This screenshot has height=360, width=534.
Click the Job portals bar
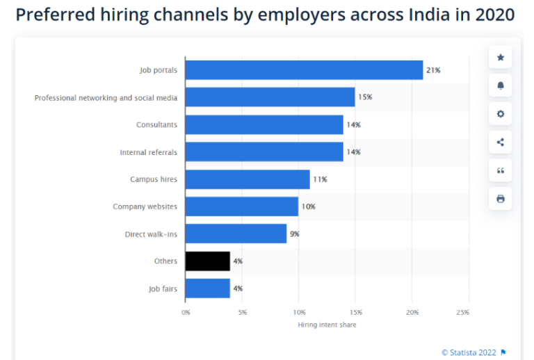pos(304,70)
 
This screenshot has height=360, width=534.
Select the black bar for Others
pos(208,261)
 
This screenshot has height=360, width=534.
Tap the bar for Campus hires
pos(248,179)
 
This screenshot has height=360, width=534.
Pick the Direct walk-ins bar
pos(236,234)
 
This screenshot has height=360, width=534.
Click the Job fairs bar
pos(208,288)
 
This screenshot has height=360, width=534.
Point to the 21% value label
pos(433,70)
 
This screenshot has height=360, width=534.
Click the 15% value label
pos(365,97)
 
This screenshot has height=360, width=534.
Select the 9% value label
pos(295,234)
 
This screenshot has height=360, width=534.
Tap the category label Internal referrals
pos(148,152)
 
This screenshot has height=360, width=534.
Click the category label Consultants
pos(156,125)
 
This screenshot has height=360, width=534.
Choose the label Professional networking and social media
pos(106,98)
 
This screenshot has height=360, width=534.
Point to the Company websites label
pos(145,207)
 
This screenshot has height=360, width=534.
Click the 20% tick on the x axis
pos(412,313)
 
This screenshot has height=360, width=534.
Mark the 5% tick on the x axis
pos(242,313)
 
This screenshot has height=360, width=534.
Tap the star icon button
pos(500,57)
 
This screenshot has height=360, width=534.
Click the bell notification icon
pos(500,85)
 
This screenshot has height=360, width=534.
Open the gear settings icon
pos(500,114)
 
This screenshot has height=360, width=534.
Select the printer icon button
pos(500,199)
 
